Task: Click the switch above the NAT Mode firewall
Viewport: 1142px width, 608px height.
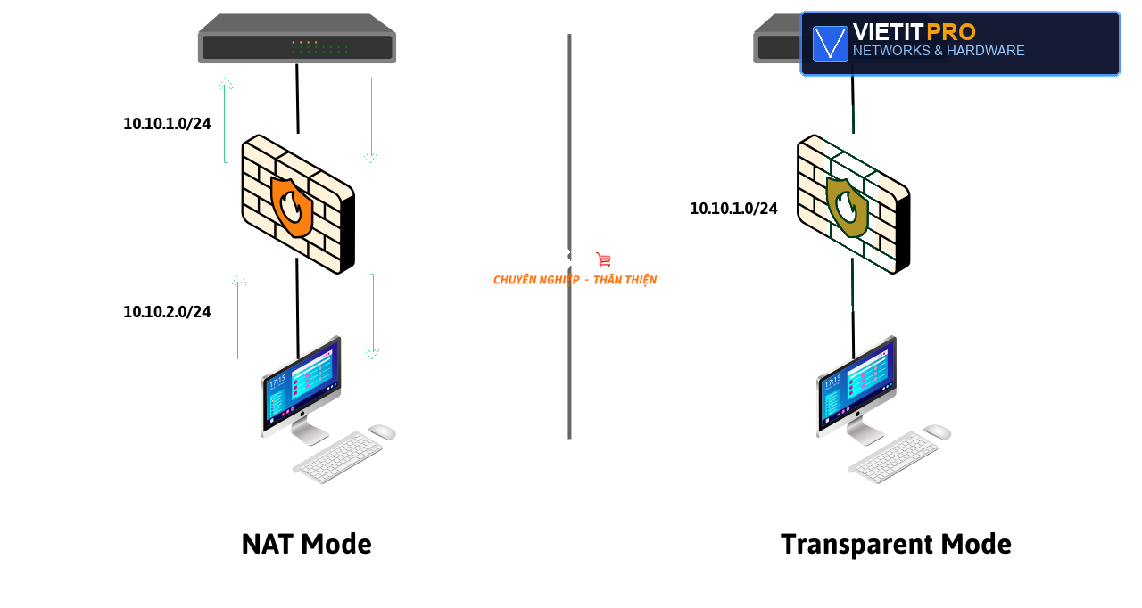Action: point(297,38)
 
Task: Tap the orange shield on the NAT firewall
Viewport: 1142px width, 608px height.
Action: point(292,207)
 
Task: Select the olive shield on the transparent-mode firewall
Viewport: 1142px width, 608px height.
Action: point(847,207)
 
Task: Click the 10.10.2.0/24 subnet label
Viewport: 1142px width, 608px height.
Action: point(167,312)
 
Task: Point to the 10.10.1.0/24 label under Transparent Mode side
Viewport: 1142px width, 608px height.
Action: point(733,209)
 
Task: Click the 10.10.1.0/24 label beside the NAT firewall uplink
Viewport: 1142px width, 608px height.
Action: point(167,124)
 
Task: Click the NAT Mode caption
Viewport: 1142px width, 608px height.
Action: point(306,544)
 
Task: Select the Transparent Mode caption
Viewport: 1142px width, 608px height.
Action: point(896,545)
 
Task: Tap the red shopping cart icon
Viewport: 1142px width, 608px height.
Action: point(604,259)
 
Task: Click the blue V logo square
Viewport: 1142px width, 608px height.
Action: point(830,44)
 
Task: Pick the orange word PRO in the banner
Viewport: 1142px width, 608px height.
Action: point(951,32)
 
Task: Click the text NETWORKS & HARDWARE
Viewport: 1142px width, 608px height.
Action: point(939,51)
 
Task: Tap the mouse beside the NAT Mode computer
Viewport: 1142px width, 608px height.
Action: point(382,431)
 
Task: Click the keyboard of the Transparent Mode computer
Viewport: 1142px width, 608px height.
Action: point(893,457)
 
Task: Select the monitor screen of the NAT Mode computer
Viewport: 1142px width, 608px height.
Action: point(301,382)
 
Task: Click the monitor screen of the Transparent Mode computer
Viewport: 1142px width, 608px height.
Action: point(856,382)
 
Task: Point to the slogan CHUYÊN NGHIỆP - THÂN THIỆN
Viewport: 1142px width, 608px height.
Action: point(575,280)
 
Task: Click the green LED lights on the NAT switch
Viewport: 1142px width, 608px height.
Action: point(319,47)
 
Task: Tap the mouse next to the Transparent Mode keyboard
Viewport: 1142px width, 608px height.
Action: point(937,431)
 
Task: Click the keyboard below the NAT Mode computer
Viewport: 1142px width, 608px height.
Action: point(337,457)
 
